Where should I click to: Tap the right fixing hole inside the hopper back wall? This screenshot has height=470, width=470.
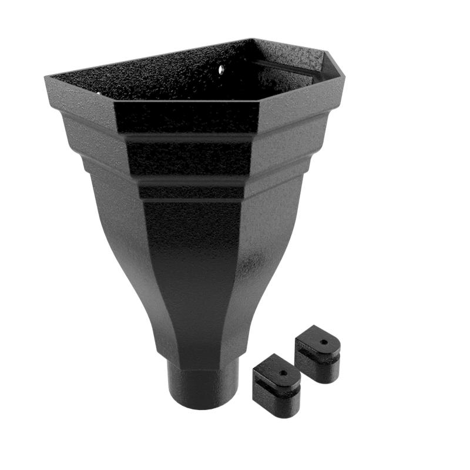223,70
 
